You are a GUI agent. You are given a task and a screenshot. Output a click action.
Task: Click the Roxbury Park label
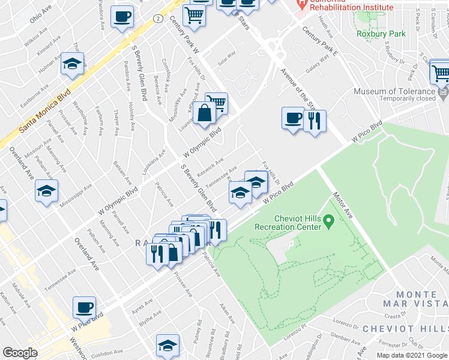(390, 34)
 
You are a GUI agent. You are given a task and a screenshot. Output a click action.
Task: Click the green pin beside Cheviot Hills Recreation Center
(328, 222)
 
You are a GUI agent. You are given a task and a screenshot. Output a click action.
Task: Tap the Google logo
(20, 353)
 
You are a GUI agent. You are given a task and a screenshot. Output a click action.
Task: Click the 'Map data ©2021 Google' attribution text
(412, 355)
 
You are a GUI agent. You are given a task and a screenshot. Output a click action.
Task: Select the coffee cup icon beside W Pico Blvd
(84, 308)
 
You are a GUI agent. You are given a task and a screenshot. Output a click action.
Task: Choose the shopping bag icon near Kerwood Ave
(204, 112)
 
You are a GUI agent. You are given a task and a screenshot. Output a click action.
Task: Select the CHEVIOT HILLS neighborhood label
(413, 329)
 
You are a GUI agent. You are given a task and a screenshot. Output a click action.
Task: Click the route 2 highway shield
(157, 19)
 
